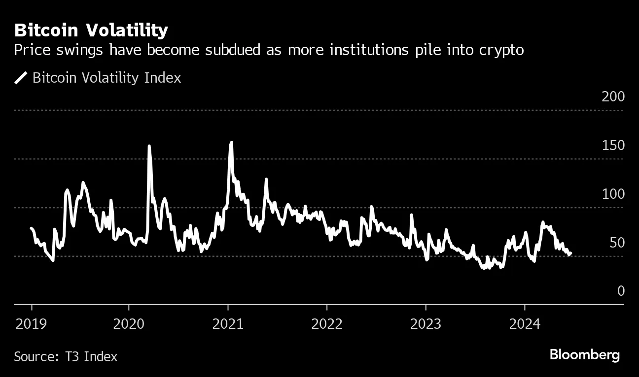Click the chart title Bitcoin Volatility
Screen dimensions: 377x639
coord(91,31)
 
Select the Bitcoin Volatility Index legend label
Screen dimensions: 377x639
coord(106,78)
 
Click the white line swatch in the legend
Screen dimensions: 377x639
coord(21,78)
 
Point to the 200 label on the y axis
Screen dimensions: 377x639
coord(613,97)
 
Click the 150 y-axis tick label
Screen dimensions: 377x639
coord(613,146)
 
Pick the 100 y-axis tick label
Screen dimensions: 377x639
coord(613,194)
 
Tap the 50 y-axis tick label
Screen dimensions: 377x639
coord(616,243)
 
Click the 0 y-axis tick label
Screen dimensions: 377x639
coord(621,291)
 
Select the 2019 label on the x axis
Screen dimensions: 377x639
coord(32,324)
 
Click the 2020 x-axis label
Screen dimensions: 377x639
coord(129,324)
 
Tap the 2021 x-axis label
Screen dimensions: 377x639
coord(228,324)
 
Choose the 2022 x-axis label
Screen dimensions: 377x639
coord(326,324)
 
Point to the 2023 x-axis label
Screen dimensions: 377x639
coord(426,324)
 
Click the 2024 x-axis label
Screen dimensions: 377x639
coord(525,324)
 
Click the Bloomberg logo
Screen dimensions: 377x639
coord(584,355)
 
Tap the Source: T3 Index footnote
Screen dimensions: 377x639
coord(66,356)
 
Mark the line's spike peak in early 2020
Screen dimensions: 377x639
coord(149,146)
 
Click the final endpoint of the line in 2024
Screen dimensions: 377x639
coord(570,253)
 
